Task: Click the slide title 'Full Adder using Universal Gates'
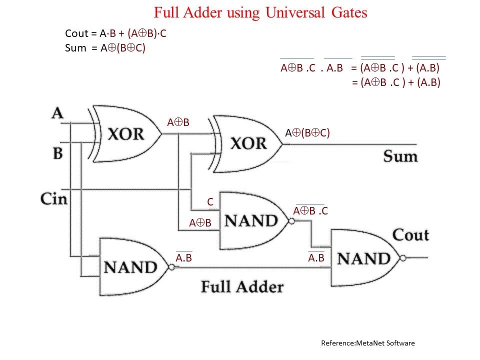260,12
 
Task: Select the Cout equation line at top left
119,34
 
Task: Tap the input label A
57,113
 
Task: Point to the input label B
58,152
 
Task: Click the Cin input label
53,198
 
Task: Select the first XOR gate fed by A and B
125,134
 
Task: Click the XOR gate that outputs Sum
247,144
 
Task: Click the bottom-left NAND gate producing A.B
131,267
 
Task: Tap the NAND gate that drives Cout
363,258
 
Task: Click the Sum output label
400,156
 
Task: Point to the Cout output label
410,234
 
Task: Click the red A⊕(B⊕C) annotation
307,133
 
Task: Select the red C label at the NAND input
210,202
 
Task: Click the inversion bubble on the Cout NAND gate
403,258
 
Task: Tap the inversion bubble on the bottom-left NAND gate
171,267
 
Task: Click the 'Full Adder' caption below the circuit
242,287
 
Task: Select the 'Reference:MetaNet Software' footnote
367,343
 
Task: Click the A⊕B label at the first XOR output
178,122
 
